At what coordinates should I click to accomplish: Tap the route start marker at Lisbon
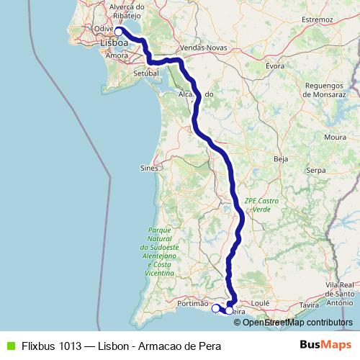tap(119, 31)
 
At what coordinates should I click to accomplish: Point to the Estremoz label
tap(316, 19)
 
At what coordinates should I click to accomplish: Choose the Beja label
tap(282, 158)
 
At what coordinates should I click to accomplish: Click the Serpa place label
tap(316, 171)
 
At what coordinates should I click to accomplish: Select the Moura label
tap(335, 136)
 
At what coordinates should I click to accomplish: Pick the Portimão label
tap(192, 304)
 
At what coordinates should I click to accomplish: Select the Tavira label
tap(309, 305)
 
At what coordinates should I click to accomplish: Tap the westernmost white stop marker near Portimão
tap(215, 308)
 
